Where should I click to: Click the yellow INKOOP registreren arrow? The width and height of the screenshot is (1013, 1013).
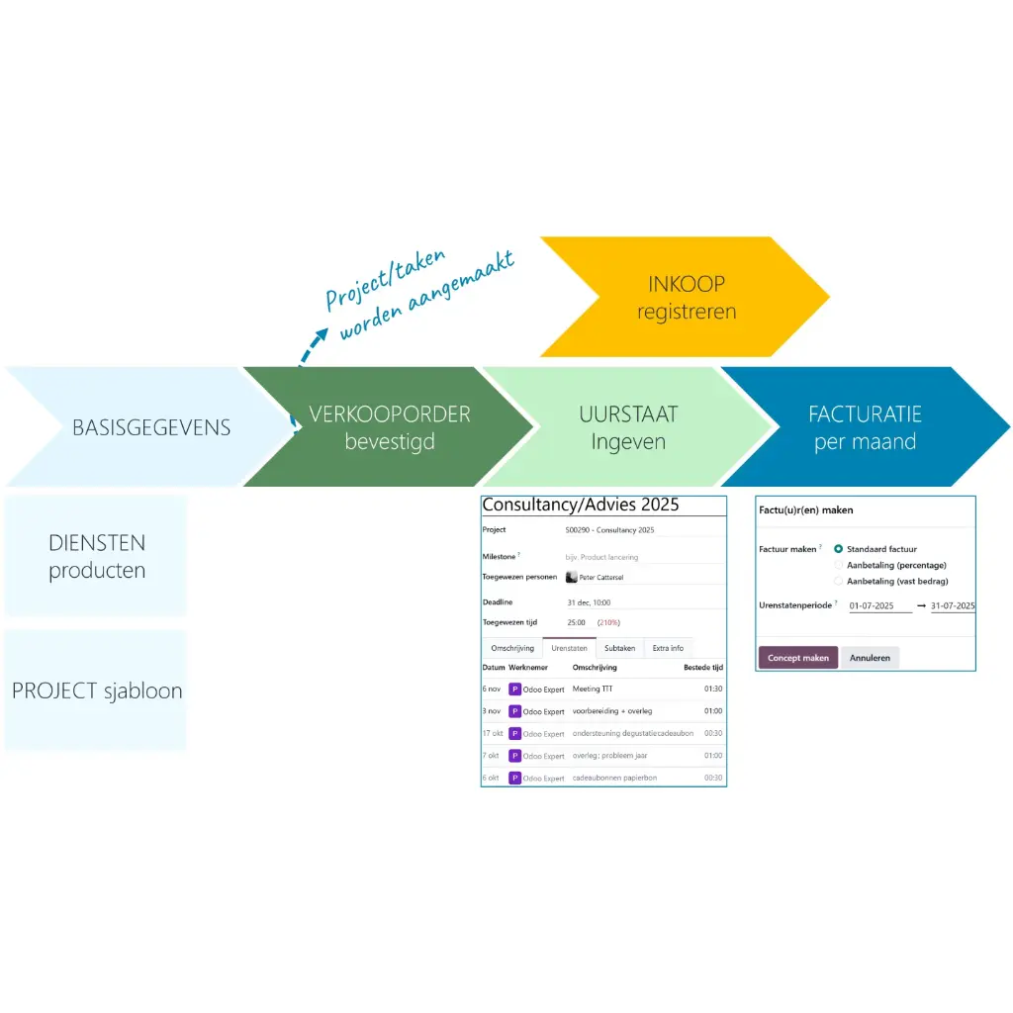686,297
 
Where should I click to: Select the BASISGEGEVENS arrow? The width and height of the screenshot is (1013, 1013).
150,427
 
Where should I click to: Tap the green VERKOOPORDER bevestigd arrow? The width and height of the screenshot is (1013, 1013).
389,427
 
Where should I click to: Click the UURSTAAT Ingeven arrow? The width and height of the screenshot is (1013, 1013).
628,427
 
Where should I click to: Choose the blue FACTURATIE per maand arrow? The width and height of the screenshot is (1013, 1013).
864,427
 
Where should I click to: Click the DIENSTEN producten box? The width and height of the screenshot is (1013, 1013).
96,556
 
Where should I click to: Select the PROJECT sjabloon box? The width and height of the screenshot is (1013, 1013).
96,691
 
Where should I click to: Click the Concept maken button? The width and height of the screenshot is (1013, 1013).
797,658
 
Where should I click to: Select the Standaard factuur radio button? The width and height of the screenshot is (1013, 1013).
839,549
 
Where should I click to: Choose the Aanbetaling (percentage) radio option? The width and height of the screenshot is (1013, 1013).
839,565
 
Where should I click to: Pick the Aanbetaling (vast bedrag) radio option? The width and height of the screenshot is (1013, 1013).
839,581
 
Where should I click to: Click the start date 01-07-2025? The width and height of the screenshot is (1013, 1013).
878,605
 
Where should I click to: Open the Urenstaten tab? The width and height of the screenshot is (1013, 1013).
569,648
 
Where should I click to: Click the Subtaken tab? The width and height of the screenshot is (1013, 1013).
619,648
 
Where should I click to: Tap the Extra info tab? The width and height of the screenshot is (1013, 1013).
668,648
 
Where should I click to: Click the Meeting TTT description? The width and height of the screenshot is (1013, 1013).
593,689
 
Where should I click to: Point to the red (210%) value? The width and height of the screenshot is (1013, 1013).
608,623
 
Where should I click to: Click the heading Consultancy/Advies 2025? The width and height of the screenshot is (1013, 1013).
581,506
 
